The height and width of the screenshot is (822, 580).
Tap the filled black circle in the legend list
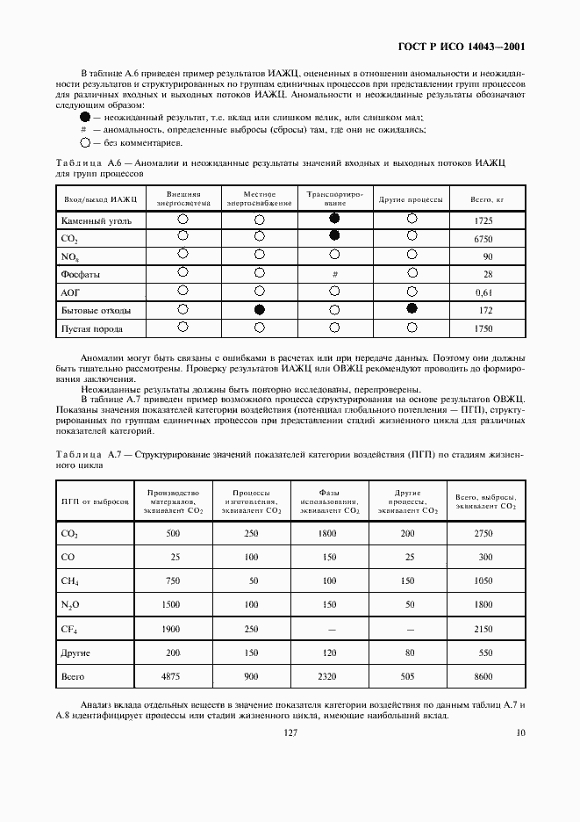(84, 116)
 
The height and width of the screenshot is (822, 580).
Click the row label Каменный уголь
(97, 220)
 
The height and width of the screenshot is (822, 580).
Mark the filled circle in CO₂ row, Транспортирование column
(334, 236)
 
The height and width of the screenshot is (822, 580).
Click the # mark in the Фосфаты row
(334, 275)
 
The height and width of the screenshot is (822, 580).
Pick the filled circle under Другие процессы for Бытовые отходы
(412, 308)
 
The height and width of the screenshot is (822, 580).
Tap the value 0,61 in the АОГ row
(483, 292)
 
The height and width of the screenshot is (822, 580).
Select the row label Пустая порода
(91, 329)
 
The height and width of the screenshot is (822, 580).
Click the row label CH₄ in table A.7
(70, 581)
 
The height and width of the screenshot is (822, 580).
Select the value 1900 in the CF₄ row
(170, 630)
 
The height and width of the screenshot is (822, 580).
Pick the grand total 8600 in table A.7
(483, 677)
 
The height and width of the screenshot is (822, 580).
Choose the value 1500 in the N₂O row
(170, 605)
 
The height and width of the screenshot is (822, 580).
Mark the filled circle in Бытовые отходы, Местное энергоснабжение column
(259, 309)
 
